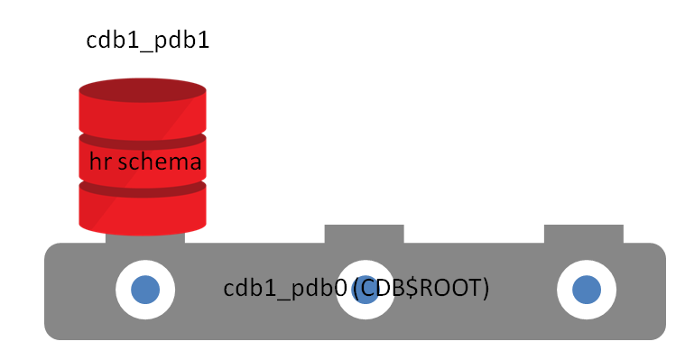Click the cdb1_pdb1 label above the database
click(147, 40)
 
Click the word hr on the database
click(99, 162)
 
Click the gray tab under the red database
click(145, 237)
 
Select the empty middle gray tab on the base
click(364, 234)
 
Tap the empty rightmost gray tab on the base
click(583, 234)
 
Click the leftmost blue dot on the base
click(145, 290)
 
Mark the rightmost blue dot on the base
click(587, 290)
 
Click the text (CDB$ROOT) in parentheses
click(421, 289)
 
